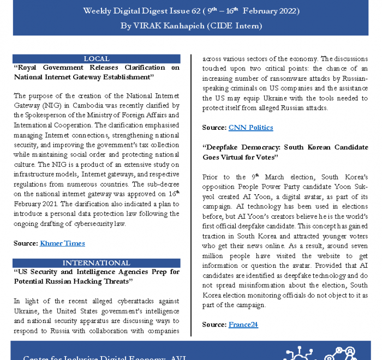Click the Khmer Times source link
click(62, 243)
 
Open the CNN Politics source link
click(250, 128)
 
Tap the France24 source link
click(243, 325)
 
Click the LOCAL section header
click(97, 59)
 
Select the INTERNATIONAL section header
click(97, 263)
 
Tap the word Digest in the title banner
click(147, 11)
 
